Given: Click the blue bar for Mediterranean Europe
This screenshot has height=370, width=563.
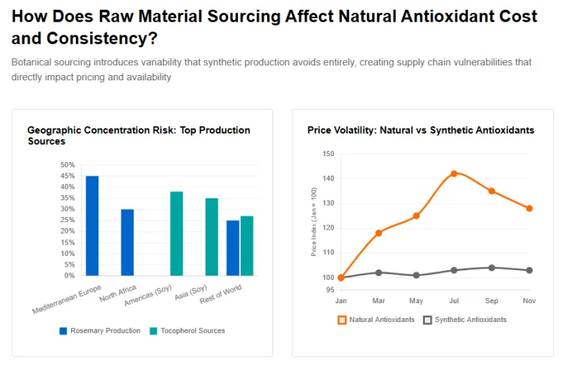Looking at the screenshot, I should (92, 225).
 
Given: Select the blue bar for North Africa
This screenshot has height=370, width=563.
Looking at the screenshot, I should (128, 242).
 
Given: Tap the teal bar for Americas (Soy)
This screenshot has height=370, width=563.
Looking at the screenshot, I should (176, 233).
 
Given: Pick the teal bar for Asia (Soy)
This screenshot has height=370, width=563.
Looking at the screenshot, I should (212, 236).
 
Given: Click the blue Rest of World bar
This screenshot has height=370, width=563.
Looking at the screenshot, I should (233, 248).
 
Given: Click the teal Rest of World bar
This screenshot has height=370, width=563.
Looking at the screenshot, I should (247, 245).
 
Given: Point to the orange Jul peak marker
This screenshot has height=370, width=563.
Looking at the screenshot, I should (454, 173).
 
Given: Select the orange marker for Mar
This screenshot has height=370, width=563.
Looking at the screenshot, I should (378, 233).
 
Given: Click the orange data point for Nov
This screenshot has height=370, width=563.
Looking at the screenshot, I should (529, 208).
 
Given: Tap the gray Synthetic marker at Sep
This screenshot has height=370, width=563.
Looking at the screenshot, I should (492, 267).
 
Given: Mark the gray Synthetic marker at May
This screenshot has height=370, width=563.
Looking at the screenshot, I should (417, 275).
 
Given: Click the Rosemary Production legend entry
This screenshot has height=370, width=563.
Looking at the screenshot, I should (100, 330).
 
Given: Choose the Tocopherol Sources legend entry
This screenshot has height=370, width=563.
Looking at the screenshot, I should (187, 330).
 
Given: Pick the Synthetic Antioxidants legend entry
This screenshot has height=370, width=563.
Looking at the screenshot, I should (465, 320).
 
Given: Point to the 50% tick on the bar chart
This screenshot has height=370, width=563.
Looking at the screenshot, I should (68, 164).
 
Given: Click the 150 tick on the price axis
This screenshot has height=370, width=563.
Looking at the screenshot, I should (328, 154).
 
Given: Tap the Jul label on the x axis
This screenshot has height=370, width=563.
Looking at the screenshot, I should (454, 300).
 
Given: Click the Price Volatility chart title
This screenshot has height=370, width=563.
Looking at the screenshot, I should (420, 130).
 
